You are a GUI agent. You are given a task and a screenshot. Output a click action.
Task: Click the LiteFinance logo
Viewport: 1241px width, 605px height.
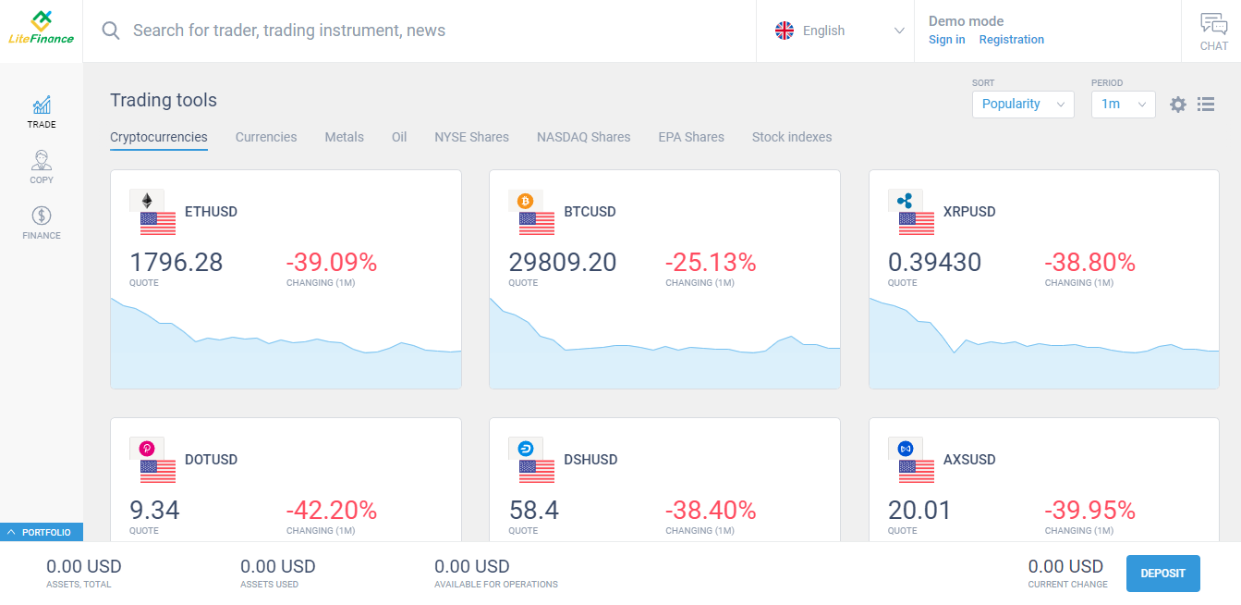coord(41,28)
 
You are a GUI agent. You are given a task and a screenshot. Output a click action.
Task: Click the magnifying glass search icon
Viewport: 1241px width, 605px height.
coord(111,31)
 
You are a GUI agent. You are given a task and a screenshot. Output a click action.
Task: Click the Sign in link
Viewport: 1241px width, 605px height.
coord(947,40)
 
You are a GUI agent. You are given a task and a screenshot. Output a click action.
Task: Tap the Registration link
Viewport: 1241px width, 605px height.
coord(1011,40)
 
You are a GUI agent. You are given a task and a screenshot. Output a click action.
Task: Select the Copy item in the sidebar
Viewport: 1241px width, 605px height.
coord(42,167)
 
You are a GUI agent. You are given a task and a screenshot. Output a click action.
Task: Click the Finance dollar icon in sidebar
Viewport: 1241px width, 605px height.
coord(42,216)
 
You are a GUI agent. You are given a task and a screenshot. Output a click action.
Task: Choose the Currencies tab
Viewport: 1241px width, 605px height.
coord(266,137)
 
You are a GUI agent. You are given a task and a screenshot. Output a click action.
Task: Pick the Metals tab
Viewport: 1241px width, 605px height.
coord(344,137)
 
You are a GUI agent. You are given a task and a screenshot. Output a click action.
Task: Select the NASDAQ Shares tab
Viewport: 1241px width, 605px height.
coord(583,137)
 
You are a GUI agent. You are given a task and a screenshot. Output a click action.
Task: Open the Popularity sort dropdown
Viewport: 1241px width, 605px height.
coord(1023,105)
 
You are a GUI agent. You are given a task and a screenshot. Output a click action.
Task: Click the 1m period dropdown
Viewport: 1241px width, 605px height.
coord(1123,105)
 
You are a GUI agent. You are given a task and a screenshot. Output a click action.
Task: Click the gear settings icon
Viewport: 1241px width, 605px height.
coord(1178,105)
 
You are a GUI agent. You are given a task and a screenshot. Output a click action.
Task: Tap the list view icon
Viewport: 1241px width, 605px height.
coord(1206,105)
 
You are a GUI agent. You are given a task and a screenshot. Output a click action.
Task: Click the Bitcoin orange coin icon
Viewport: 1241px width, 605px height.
coord(525,201)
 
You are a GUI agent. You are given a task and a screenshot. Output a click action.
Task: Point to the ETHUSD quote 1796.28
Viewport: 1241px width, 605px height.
coord(176,263)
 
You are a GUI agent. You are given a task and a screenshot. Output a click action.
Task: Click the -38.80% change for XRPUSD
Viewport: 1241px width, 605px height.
coord(1089,263)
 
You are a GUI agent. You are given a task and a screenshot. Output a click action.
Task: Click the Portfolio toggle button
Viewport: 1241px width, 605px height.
coord(42,532)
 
